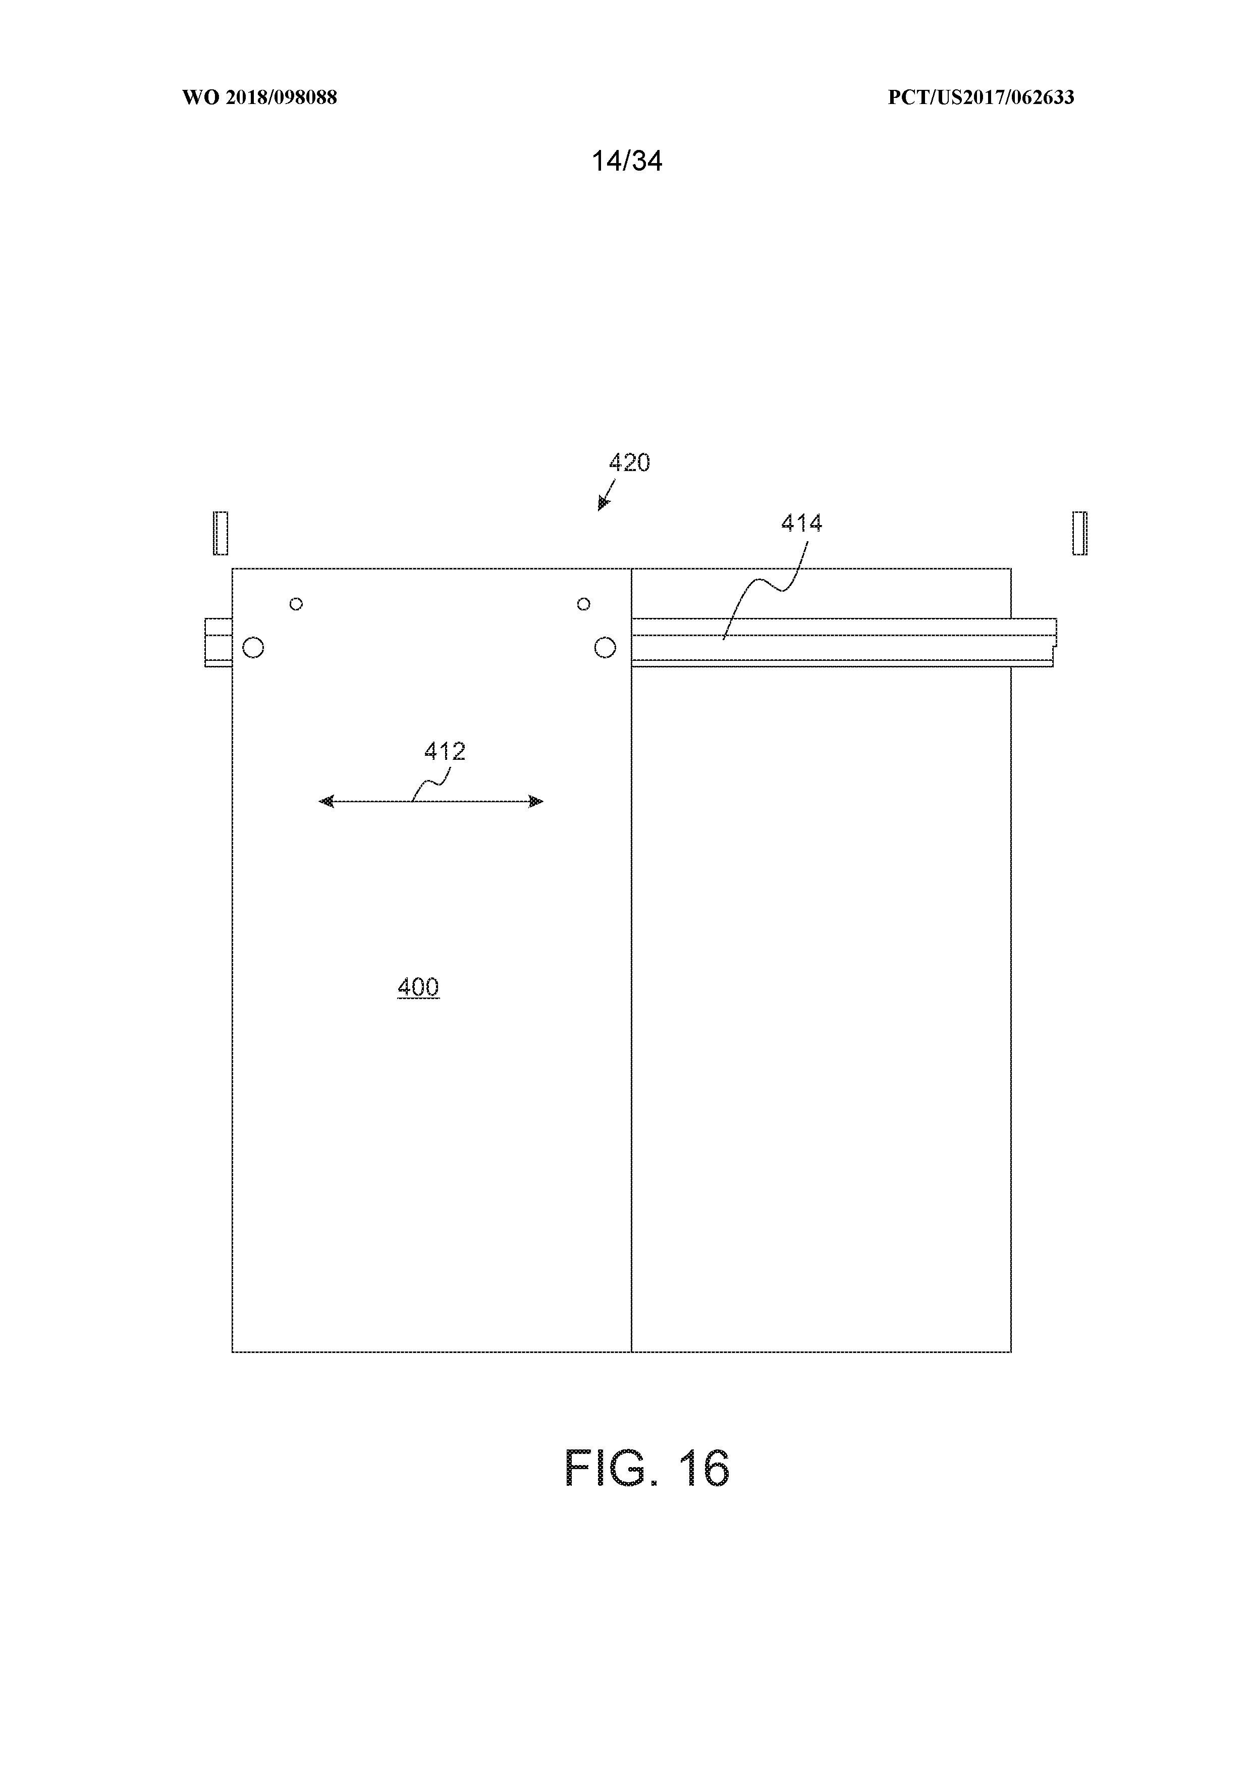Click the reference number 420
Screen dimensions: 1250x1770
pos(630,462)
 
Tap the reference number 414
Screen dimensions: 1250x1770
pos(801,524)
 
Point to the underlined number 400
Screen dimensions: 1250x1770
pos(418,987)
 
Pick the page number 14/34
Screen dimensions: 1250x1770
pos(627,161)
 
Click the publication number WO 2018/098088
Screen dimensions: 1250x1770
pos(260,97)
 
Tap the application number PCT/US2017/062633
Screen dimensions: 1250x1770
pos(981,97)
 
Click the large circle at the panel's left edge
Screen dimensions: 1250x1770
pos(253,647)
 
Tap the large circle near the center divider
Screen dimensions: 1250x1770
pos(605,647)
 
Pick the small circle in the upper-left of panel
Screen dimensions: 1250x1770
pos(296,604)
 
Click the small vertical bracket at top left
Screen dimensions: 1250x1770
pos(221,533)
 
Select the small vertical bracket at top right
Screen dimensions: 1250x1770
pos(1080,533)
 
